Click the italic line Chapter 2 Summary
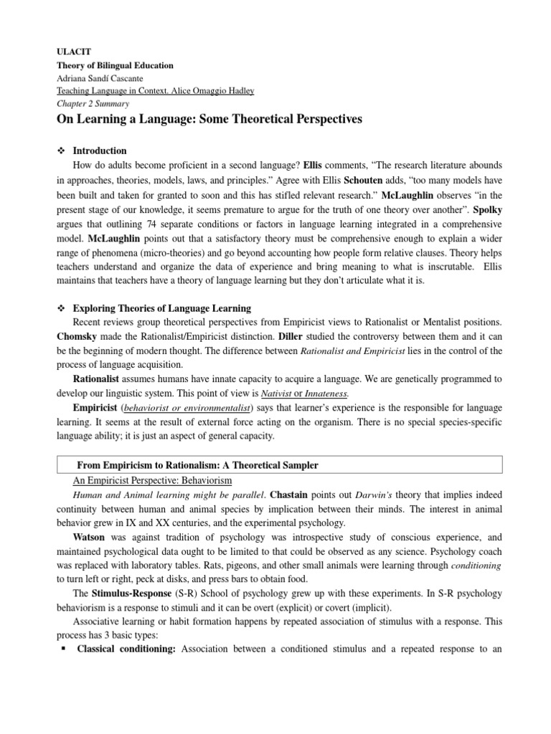(90, 103)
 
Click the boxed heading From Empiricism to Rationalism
(197, 466)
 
